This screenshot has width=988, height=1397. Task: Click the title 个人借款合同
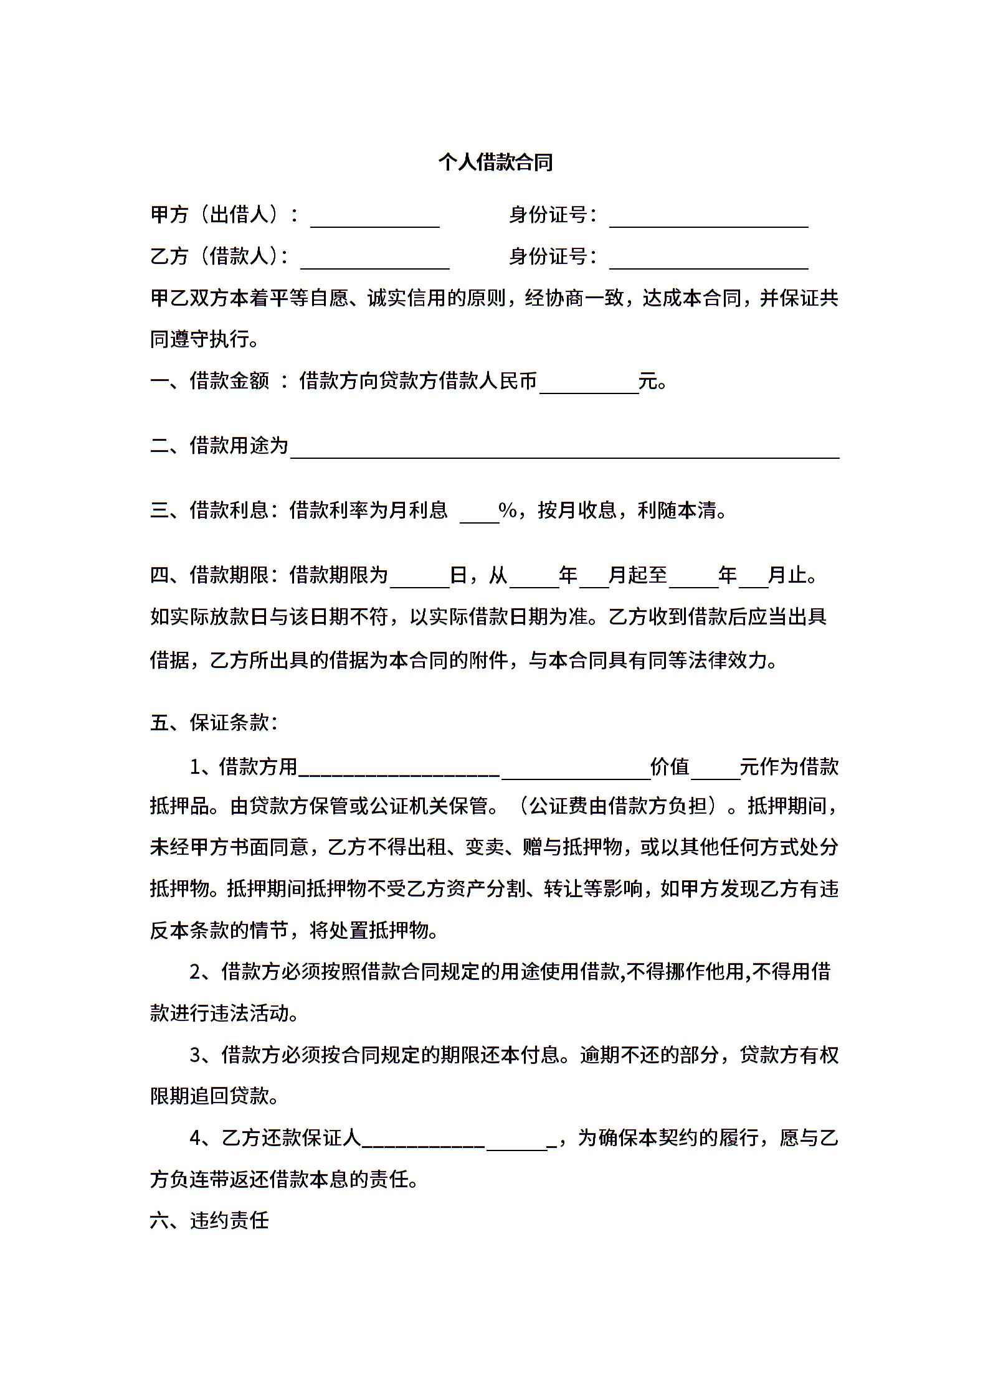pyautogui.click(x=495, y=162)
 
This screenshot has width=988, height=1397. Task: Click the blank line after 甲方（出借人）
pyautogui.click(x=374, y=221)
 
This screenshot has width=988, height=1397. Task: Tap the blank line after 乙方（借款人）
pyautogui.click(x=374, y=262)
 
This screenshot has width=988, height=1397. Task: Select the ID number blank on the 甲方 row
pyautogui.click(x=708, y=221)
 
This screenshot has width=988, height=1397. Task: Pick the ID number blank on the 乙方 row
pyautogui.click(x=708, y=262)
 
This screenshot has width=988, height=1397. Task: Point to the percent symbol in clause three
pyautogui.click(x=508, y=510)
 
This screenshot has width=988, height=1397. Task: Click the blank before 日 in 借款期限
pyautogui.click(x=419, y=580)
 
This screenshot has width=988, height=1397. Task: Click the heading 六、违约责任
pyautogui.click(x=209, y=1220)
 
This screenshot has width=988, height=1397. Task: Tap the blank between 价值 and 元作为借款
pyautogui.click(x=715, y=772)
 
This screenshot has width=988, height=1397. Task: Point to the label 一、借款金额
pyautogui.click(x=209, y=380)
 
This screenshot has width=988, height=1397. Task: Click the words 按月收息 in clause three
pyautogui.click(x=577, y=510)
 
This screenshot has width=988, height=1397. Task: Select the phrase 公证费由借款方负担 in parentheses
pyautogui.click(x=629, y=806)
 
